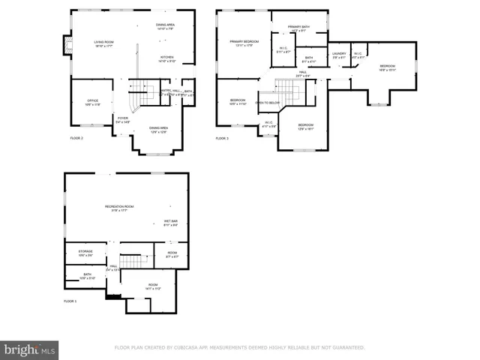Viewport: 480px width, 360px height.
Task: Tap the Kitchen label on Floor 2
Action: tap(166, 58)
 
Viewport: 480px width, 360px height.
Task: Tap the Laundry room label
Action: tap(339, 54)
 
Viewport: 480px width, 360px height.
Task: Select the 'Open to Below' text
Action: tap(268, 103)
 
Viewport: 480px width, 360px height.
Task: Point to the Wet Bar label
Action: tap(170, 222)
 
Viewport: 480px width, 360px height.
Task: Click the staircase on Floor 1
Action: tap(131, 261)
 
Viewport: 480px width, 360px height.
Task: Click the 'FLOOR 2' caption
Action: tap(76, 139)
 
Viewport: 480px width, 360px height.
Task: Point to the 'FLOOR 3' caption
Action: tap(222, 139)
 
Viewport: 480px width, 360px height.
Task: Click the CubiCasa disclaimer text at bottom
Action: tap(239, 348)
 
